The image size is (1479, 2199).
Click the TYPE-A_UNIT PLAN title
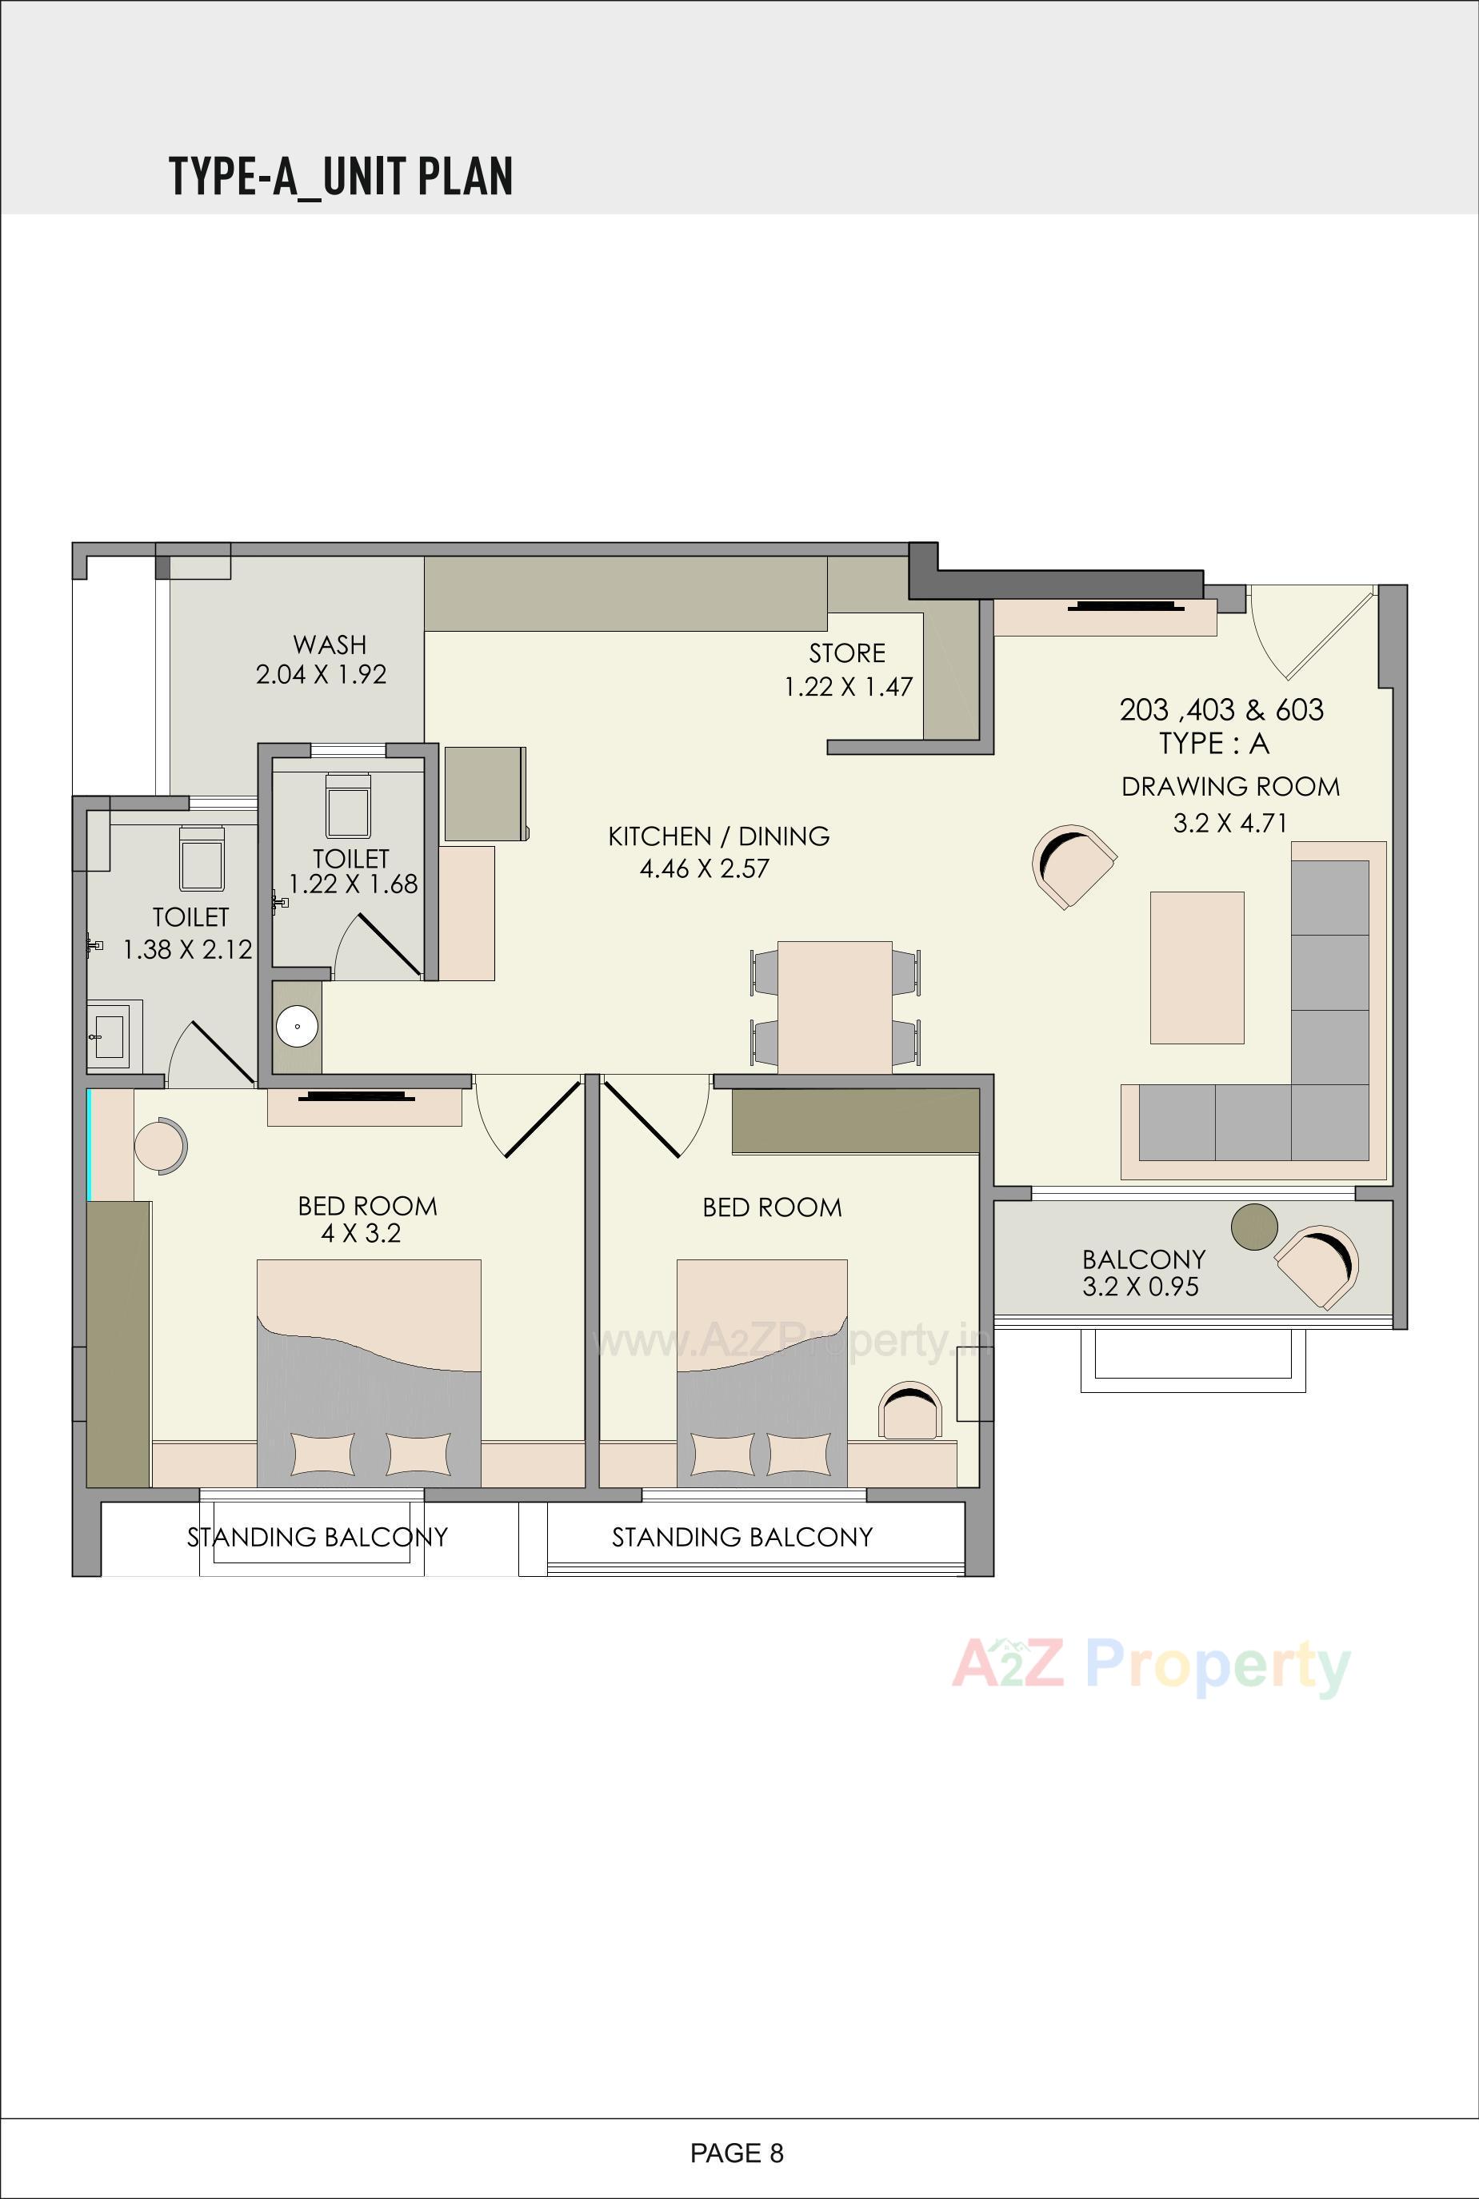point(341,177)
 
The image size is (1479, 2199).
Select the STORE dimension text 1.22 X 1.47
point(848,686)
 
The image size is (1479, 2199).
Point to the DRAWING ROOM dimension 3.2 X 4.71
point(1229,822)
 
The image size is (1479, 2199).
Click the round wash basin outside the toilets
point(297,1026)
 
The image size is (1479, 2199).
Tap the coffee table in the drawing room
point(1196,968)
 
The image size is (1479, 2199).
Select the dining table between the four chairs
point(835,1005)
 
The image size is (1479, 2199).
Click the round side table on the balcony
point(1253,1227)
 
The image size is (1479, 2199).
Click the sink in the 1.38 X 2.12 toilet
point(110,1035)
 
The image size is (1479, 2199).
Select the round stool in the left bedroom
point(160,1146)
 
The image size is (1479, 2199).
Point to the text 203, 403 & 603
point(1221,709)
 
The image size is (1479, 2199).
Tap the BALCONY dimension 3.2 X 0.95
point(1141,1286)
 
